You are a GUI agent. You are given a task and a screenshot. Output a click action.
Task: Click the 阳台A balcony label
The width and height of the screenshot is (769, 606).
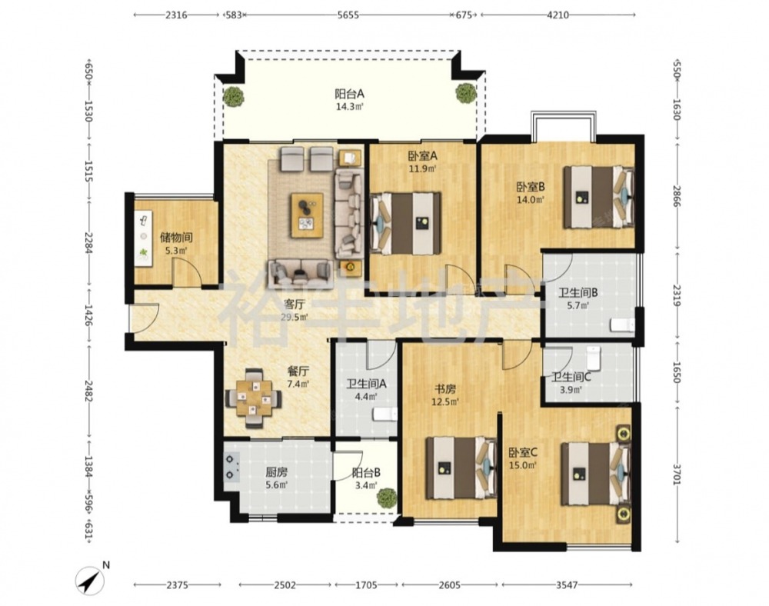pos(349,94)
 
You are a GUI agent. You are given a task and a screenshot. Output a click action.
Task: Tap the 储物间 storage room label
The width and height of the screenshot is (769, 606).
pos(176,238)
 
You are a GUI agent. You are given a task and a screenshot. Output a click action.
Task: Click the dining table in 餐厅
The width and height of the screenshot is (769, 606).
pos(254,398)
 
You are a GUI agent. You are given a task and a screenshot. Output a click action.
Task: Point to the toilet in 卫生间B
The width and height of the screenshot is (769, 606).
pos(622,325)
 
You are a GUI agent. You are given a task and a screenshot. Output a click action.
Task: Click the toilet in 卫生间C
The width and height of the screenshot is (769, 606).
pos(594,358)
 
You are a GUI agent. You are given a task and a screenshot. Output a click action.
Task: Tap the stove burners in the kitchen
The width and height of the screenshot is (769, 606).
pos(230,467)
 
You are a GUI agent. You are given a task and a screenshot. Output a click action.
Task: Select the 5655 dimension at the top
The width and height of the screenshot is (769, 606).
pos(348,15)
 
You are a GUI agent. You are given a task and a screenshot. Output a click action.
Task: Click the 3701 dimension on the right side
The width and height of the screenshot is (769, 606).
pos(676,474)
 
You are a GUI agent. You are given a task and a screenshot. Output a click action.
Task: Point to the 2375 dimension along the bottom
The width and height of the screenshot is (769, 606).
pos(177,585)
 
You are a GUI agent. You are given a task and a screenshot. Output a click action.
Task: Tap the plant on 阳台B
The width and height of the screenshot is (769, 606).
pos(387,497)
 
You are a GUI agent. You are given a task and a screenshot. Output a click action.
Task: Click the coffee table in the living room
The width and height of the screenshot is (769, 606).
pos(307,215)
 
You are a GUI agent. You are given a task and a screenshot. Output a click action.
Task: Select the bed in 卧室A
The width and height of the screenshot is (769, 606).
pos(405,223)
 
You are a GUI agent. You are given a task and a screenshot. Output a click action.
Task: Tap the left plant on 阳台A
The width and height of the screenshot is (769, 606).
pos(234,96)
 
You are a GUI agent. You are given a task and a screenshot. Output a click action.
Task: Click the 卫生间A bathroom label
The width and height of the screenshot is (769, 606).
pos(366,384)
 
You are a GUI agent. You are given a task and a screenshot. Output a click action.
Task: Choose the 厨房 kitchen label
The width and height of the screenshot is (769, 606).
pos(277,473)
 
